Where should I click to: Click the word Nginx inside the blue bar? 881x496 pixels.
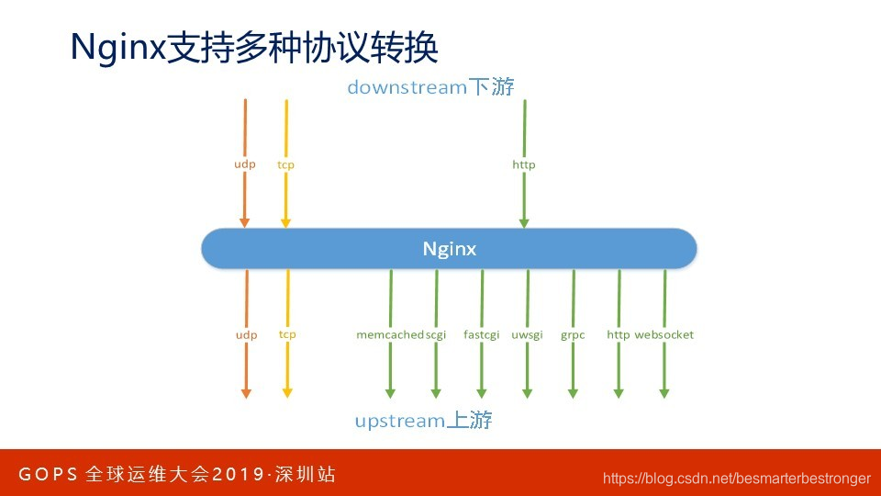(449, 249)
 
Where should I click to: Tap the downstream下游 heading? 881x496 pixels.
(430, 87)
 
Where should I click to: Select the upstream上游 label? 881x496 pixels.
(423, 420)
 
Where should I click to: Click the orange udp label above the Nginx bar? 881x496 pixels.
(244, 164)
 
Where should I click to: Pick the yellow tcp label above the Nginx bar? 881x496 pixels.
(285, 164)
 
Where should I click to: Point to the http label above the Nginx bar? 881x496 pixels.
(524, 164)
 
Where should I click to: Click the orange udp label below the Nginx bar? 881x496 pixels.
(246, 334)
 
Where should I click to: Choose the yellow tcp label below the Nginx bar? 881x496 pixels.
(287, 334)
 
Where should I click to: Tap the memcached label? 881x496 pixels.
(390, 334)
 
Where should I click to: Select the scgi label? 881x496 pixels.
(436, 335)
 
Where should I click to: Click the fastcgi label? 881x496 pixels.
(481, 335)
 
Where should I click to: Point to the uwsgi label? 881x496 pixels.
(527, 335)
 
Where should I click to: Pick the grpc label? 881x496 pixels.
(573, 335)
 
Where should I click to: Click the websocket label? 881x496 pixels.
(664, 334)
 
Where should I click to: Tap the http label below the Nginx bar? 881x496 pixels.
(618, 334)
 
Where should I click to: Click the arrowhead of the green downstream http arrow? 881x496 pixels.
(524, 224)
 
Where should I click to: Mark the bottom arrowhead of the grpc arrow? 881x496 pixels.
(573, 394)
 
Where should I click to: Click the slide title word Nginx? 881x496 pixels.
(118, 47)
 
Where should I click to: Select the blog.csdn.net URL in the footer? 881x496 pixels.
(737, 479)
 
